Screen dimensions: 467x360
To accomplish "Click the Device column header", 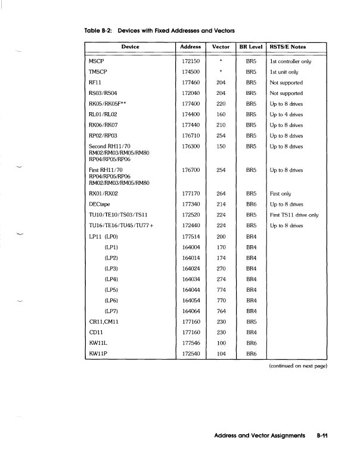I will pyautogui.click(x=130, y=47).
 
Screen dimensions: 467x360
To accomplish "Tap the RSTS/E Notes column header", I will pyautogui.click(x=288, y=47).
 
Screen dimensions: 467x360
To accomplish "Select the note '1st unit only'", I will pyautogui.click(x=285, y=72).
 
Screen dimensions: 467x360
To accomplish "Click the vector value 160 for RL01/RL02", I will pyautogui.click(x=221, y=114).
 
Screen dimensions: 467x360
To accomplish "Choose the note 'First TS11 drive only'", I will pyautogui.click(x=295, y=215).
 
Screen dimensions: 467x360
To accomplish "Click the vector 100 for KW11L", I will pyautogui.click(x=221, y=343).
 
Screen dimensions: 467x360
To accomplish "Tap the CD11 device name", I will pyautogui.click(x=95, y=332).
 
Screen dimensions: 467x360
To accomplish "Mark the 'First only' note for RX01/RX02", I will pyautogui.click(x=280, y=194).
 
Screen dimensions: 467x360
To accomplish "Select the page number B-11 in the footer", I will pyautogui.click(x=323, y=437).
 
